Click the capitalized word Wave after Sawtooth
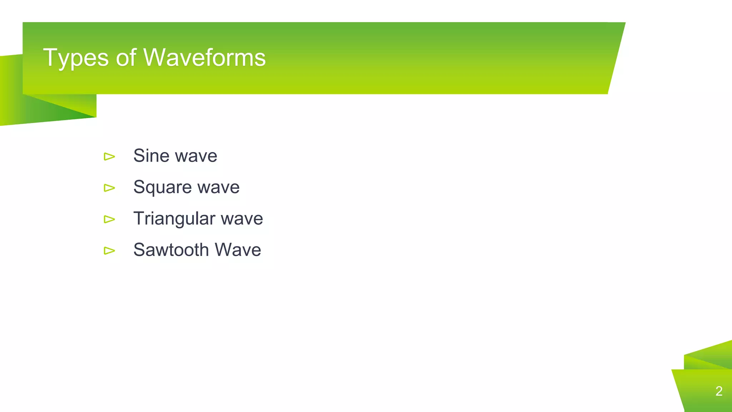[238, 250]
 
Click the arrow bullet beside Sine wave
[109, 156]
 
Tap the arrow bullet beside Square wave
[109, 188]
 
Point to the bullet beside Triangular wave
[109, 219]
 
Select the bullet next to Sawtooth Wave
[109, 250]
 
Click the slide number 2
[719, 391]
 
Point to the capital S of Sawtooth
[139, 250]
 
